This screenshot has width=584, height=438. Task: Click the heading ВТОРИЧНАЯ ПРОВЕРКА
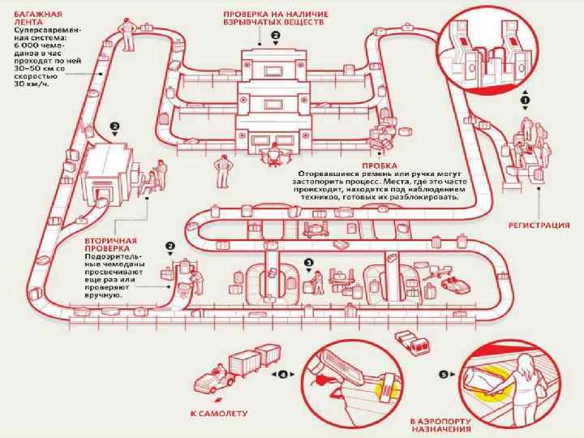click(111, 246)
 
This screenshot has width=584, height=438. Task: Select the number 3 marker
click(308, 262)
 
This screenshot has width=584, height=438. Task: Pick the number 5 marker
click(444, 375)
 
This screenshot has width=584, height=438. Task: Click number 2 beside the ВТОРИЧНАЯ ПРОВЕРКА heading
click(170, 245)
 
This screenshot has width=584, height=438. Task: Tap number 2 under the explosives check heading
click(276, 36)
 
